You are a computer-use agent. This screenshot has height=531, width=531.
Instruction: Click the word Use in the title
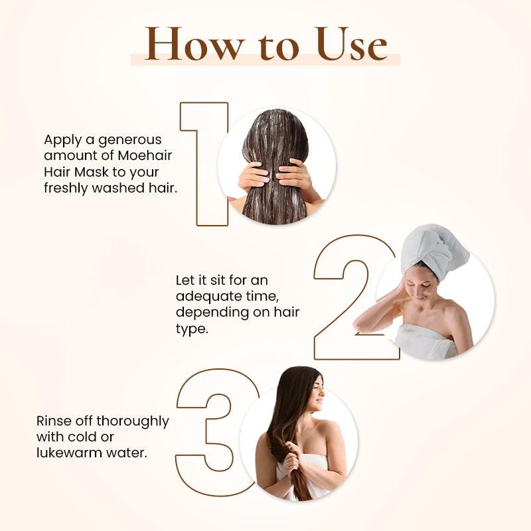click(x=351, y=45)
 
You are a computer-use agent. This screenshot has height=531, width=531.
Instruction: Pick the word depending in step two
click(x=207, y=312)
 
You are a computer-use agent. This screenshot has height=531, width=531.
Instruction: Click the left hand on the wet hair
click(x=254, y=175)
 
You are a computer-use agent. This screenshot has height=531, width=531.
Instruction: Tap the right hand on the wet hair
click(x=295, y=174)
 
